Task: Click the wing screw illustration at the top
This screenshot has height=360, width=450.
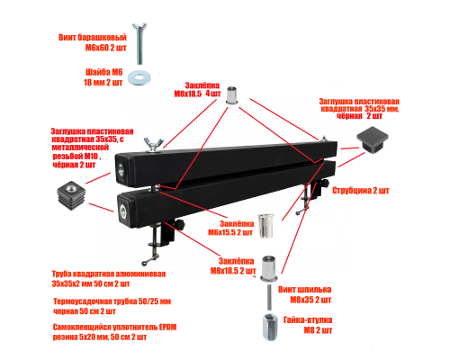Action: tap(139, 43)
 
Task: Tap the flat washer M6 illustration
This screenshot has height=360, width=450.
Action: tap(139, 77)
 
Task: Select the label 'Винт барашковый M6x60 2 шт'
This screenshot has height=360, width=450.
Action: tap(93, 42)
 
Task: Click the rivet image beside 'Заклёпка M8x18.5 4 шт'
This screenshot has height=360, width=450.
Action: tap(231, 95)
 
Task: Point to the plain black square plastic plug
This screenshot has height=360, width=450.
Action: tap(373, 139)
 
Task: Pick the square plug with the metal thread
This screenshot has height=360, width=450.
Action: tap(71, 195)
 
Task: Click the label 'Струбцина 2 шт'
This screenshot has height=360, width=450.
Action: tap(361, 191)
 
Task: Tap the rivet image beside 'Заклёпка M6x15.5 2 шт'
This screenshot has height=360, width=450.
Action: tap(265, 226)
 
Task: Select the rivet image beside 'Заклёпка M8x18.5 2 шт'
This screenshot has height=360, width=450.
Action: tap(269, 268)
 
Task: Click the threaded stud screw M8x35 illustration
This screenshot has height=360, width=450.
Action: tap(269, 297)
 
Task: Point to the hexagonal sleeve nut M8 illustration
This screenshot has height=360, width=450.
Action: tap(270, 327)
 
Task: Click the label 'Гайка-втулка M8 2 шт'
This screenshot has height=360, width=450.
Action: tap(308, 325)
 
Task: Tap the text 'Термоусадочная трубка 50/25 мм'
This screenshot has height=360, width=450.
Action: tap(112, 301)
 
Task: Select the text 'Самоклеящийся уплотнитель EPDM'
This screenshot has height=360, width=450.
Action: tap(114, 327)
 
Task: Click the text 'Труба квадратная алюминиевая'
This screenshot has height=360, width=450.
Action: tap(109, 274)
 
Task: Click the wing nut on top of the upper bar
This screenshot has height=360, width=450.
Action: tap(153, 145)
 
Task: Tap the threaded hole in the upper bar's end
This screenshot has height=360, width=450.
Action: tap(121, 170)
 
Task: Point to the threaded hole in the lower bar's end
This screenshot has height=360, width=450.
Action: tap(123, 210)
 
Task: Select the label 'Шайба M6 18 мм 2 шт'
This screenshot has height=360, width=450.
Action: tap(103, 77)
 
